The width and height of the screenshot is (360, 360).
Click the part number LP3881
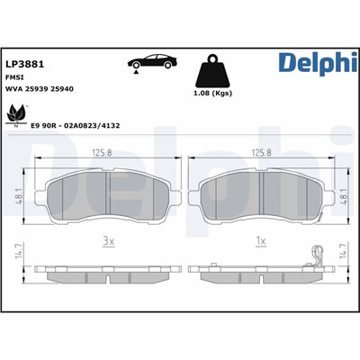coord(25,64)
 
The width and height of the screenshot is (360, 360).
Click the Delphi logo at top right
coord(318,63)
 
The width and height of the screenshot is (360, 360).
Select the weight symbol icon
coord(213,71)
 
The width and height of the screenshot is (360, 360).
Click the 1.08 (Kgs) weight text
coord(213,94)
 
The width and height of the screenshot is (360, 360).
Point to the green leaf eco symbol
coord(15,116)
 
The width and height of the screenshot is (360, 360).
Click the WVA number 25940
coord(62,89)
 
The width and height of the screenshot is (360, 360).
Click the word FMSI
coord(14,77)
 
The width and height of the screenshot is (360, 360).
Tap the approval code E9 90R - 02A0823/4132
coord(76,125)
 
